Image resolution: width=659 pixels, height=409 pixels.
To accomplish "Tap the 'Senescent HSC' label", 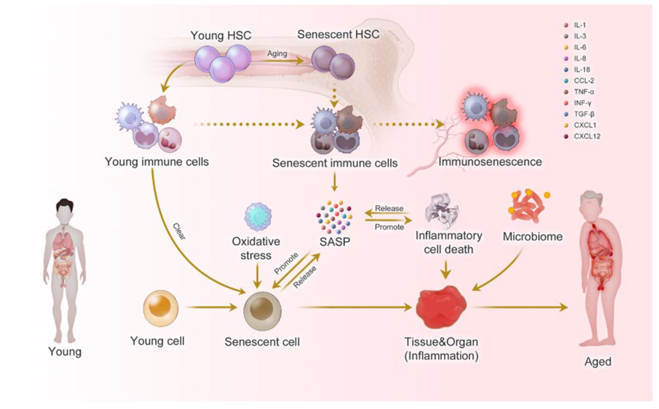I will pos(338,35).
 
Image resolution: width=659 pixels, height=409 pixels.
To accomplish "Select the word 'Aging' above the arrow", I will pos(277,53).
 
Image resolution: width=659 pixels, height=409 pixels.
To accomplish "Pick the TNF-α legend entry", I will pos(584,92).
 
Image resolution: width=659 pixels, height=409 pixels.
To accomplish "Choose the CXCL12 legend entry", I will pos(586,136).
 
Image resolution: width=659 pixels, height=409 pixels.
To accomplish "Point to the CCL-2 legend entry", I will pos(584,81).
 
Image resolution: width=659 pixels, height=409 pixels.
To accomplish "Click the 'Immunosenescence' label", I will pos(490,162).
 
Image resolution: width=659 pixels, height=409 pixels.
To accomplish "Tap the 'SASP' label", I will pos(335,242).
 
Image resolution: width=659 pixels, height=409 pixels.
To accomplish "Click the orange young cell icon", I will pos(161,308).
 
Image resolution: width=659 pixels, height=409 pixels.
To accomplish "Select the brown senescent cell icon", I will pos(262,311).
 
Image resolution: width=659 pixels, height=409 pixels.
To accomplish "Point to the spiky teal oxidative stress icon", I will pos(258,217).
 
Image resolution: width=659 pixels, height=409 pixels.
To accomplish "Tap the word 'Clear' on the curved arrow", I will pos(179,231).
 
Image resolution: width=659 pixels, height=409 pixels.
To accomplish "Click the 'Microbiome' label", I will pos(532,237).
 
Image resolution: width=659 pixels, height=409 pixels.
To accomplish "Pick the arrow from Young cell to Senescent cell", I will pos(212,307).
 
